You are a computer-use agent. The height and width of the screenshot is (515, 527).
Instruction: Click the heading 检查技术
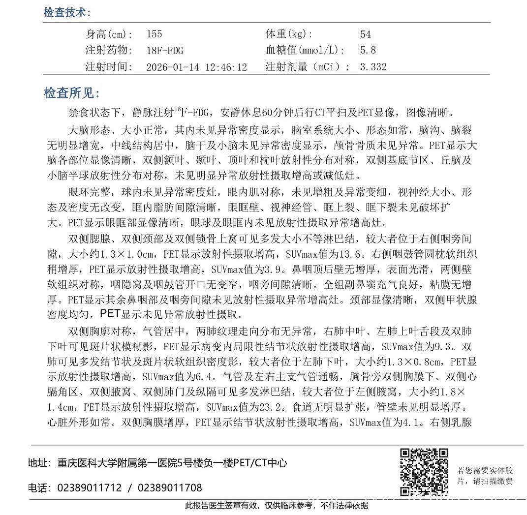(66, 13)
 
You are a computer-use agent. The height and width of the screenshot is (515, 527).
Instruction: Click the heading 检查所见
(72, 93)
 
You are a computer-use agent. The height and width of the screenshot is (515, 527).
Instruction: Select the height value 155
(154, 34)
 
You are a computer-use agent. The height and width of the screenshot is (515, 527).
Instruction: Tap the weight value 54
(365, 34)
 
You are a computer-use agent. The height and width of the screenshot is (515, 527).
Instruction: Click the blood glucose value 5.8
(368, 50)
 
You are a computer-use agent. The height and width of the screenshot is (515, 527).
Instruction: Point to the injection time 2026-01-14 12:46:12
(197, 67)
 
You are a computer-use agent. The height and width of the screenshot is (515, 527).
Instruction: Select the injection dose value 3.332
(373, 67)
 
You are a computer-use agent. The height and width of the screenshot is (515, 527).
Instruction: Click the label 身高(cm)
(109, 34)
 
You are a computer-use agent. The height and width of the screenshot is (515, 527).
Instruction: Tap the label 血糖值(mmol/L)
(305, 50)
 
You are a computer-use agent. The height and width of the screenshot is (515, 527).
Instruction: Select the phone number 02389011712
(90, 488)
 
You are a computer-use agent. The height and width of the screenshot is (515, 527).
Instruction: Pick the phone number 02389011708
(170, 488)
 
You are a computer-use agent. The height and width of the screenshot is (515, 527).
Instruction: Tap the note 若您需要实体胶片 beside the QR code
(485, 475)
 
